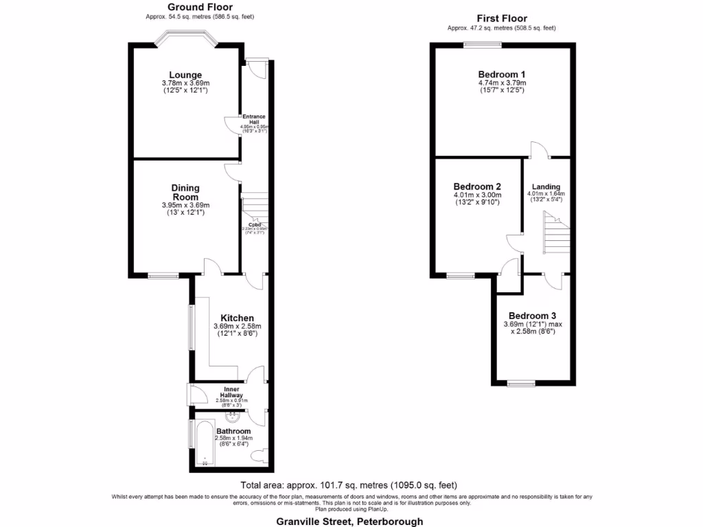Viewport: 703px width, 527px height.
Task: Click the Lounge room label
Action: pyautogui.click(x=185, y=75)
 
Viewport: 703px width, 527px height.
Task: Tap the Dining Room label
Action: pyautogui.click(x=185, y=192)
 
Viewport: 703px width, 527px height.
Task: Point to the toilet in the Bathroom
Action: pyautogui.click(x=260, y=456)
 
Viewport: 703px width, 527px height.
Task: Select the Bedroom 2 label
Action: pyautogui.click(x=477, y=186)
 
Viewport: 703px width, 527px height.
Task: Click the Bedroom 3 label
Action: pyautogui.click(x=531, y=316)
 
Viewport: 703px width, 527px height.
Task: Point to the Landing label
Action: pyautogui.click(x=546, y=187)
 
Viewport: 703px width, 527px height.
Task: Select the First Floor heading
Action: pyautogui.click(x=501, y=19)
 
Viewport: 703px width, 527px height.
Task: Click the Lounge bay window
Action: pyautogui.click(x=185, y=40)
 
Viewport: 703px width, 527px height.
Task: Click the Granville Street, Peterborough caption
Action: pyautogui.click(x=349, y=521)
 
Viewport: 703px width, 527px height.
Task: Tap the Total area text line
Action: pyautogui.click(x=349, y=484)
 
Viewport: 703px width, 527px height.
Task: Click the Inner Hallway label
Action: pyautogui.click(x=231, y=393)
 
